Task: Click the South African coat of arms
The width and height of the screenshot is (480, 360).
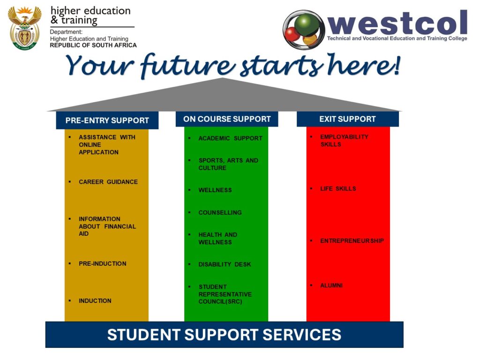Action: tap(24, 28)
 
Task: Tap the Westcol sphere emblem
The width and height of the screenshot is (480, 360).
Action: tap(304, 30)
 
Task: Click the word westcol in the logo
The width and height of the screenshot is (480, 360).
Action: tap(397, 22)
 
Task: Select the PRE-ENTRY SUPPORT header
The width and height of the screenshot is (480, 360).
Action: tap(107, 120)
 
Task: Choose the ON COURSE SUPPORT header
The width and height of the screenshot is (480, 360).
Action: tap(227, 119)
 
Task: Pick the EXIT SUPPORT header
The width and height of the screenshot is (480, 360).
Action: tap(347, 119)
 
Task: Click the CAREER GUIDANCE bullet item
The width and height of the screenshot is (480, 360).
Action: tap(108, 182)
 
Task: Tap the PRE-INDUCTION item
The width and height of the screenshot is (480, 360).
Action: tap(103, 263)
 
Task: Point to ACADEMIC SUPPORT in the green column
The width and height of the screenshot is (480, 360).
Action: tap(230, 138)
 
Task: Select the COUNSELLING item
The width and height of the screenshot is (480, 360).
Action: tap(220, 212)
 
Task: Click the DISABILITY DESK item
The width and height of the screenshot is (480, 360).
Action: tap(225, 264)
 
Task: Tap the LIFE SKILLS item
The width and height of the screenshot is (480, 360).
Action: tap(338, 188)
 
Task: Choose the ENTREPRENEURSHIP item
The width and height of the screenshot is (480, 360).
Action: tap(352, 241)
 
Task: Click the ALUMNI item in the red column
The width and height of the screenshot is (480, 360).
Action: tap(331, 285)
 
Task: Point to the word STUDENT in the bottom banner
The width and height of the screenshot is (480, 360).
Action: tap(143, 335)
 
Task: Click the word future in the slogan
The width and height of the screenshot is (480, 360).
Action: tap(188, 65)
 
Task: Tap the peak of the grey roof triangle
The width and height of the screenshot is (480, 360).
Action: tap(223, 78)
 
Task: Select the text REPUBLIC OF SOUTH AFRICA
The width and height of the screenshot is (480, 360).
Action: tap(93, 45)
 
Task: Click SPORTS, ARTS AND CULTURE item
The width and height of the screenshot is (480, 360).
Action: tap(228, 164)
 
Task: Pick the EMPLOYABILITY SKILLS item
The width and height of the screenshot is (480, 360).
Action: tap(344, 141)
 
